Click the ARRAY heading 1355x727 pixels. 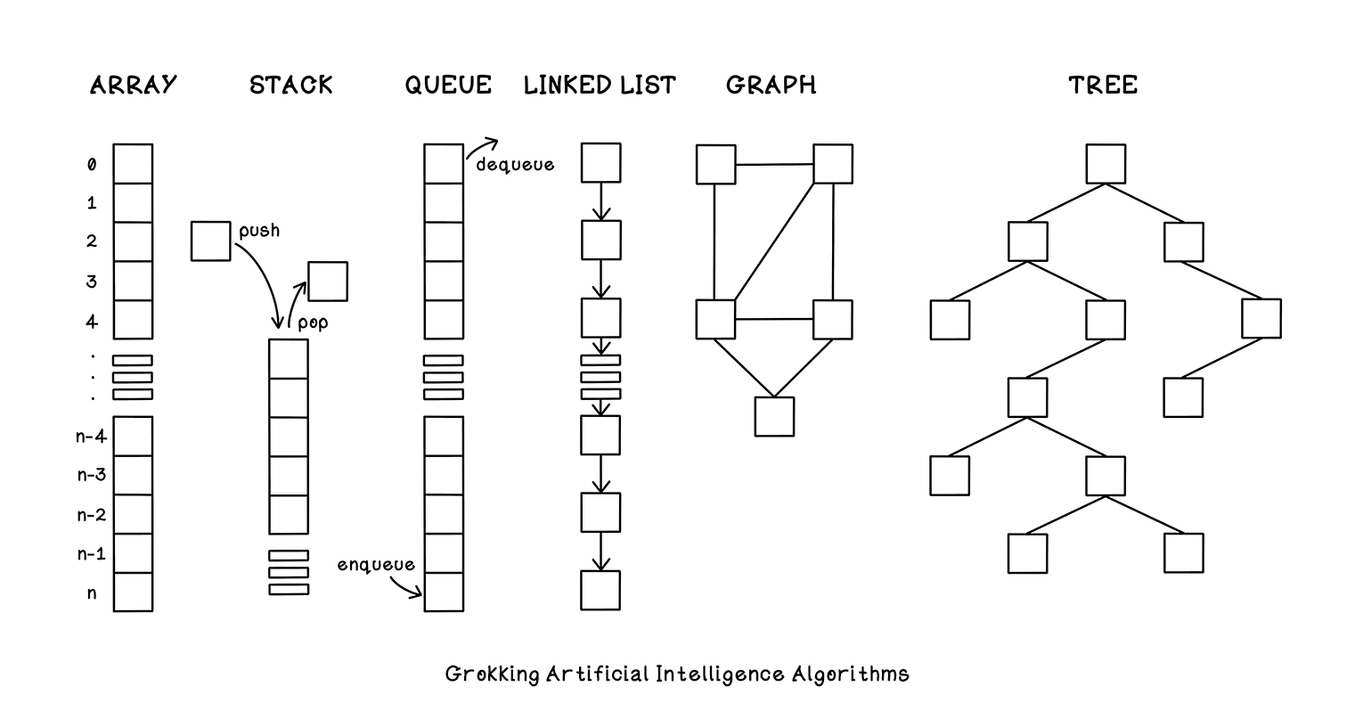tap(133, 85)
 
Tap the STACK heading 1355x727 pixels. tap(291, 85)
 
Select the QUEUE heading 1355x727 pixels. tap(448, 85)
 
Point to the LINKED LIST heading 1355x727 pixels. tap(600, 85)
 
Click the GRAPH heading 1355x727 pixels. tap(771, 85)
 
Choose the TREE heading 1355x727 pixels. tap(1104, 85)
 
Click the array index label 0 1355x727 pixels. tap(92, 165)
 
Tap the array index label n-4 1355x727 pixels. tap(92, 436)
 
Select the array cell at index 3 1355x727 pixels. tap(133, 281)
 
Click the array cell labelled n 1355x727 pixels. tap(133, 592)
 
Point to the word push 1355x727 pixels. tap(259, 231)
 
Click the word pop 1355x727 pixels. tap(313, 323)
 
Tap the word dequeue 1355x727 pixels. tap(516, 165)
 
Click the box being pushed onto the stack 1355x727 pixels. tap(210, 241)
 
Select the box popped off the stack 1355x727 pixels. tap(328, 282)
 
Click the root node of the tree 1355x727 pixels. tap(1106, 164)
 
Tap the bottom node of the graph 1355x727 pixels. tap(774, 417)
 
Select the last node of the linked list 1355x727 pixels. tap(600, 591)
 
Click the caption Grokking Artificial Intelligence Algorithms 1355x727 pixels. tap(677, 674)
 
